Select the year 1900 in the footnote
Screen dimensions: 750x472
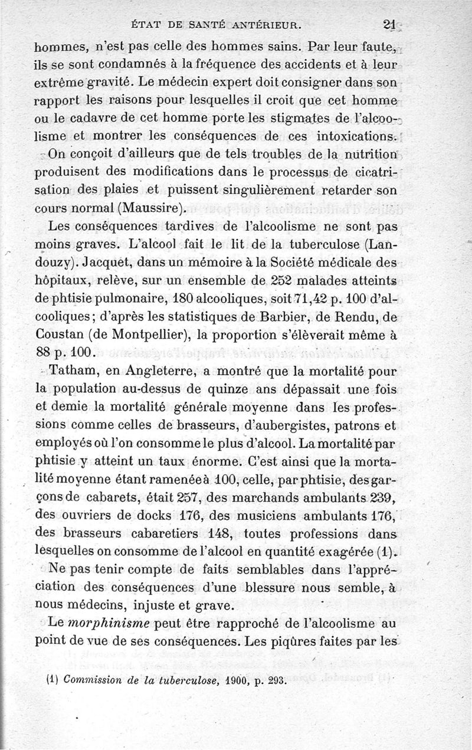coord(223,679)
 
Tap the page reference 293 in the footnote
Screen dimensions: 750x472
coord(274,679)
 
